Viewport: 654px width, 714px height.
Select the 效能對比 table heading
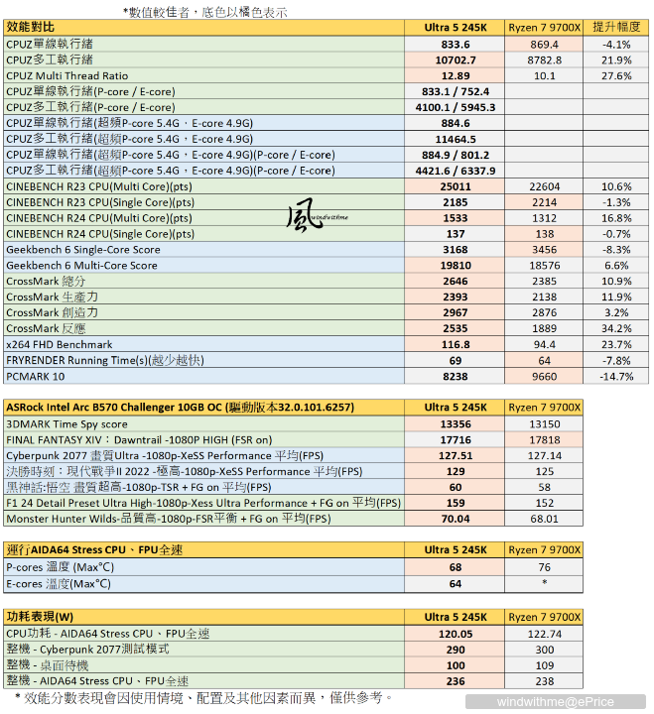click(x=33, y=29)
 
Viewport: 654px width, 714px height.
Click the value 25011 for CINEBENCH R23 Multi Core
click(x=455, y=186)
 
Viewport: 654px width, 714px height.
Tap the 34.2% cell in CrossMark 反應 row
click(x=617, y=328)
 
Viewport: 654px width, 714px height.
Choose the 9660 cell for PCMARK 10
click(x=545, y=376)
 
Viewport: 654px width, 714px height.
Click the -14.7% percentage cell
click(x=617, y=376)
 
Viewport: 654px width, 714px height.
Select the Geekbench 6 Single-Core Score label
click(x=81, y=250)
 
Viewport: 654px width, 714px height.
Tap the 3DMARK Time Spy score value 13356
click(x=455, y=423)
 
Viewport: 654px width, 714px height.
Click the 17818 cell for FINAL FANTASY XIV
click(x=545, y=439)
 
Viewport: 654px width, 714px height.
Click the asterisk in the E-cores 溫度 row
click(x=545, y=583)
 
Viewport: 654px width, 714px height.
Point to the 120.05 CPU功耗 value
click(x=455, y=633)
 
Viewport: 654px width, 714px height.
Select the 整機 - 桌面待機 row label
click(x=47, y=664)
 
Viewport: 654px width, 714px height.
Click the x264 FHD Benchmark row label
click(x=60, y=344)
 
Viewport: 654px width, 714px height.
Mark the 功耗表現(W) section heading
click(x=40, y=615)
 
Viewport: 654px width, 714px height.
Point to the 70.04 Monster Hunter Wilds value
click(x=455, y=518)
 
